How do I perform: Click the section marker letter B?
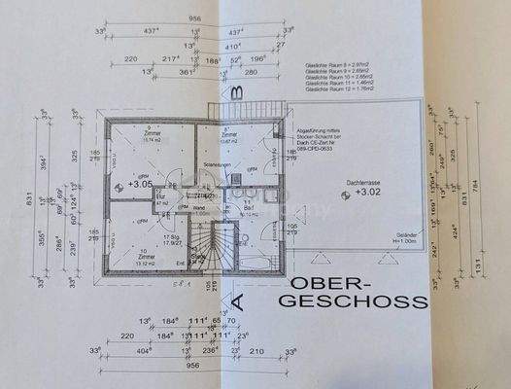pyautogui.click(x=235, y=94)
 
